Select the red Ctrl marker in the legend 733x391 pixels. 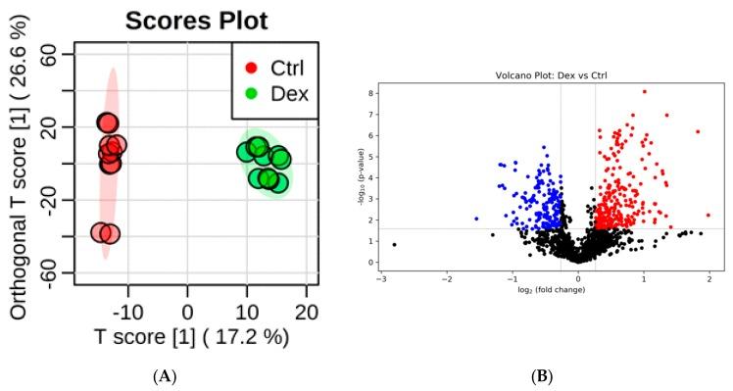(x=252, y=68)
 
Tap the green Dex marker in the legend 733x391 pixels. (x=252, y=97)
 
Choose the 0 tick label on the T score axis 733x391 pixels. (x=187, y=311)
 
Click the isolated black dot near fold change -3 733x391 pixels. (x=394, y=244)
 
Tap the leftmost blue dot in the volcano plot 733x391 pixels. (x=476, y=219)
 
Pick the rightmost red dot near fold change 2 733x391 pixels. (x=708, y=215)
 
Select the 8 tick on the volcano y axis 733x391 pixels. (x=370, y=93)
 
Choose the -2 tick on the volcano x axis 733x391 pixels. (x=446, y=277)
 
